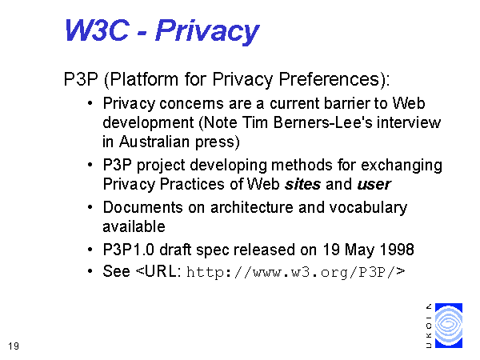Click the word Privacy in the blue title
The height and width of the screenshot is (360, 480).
coord(207,31)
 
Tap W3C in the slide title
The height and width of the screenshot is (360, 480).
coord(97,30)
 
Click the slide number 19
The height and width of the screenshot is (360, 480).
coord(14,346)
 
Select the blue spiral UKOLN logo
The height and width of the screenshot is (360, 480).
coord(449,326)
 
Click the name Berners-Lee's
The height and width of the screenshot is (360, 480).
coord(323,122)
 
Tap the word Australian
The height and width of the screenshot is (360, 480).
coord(154,142)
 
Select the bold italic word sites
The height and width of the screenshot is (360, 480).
coord(302,184)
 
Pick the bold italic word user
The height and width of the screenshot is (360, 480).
coord(374,185)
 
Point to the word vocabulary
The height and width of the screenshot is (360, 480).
coord(368,208)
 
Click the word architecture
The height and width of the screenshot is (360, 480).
coord(252,207)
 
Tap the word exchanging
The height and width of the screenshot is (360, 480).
coord(402,166)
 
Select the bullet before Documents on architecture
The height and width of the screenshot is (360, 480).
coord(90,207)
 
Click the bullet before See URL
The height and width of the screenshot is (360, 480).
coord(90,271)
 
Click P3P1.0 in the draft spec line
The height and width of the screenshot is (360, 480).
coord(128,250)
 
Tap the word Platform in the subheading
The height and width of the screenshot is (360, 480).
coord(143,79)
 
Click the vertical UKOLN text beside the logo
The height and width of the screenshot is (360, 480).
coord(429,326)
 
